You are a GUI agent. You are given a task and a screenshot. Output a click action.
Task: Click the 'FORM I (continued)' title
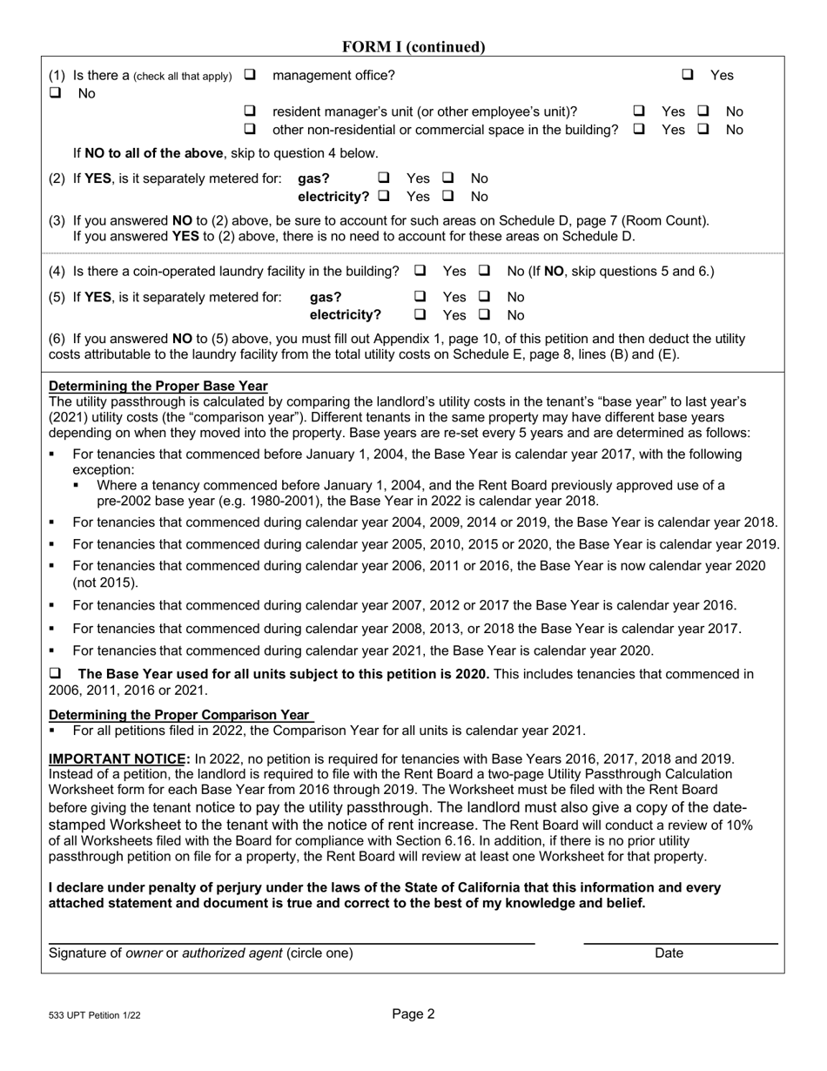coord(413,47)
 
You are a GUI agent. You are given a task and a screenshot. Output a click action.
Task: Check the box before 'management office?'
coord(251,76)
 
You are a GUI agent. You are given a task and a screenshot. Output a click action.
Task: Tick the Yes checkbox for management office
coord(688,76)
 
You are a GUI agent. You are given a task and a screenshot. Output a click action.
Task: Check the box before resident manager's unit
coord(251,111)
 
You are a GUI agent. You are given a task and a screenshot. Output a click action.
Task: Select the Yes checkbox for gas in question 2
coord(383,178)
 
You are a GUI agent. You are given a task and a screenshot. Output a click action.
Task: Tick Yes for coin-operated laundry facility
coord(420,271)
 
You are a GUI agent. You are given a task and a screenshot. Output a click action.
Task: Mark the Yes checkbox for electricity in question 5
coord(420,315)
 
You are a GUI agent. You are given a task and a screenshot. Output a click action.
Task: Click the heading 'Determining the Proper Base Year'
coord(158,386)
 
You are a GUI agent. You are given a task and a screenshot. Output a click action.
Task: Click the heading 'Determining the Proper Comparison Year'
coord(178,715)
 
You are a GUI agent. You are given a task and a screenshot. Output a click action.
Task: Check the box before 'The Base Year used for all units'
coord(56,673)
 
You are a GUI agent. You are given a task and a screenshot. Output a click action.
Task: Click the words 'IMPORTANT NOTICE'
coord(118,758)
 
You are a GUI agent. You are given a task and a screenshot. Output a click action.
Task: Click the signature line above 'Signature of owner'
coord(291,941)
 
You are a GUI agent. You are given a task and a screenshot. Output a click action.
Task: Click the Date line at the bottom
coord(680,941)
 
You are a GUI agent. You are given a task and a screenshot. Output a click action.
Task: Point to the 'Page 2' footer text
coord(413,1014)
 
